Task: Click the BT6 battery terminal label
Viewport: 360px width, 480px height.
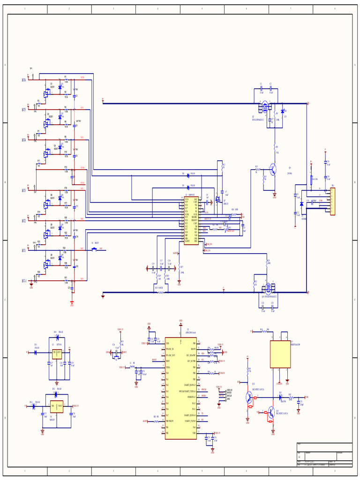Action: click(24, 80)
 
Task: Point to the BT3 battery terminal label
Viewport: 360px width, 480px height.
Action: click(24, 191)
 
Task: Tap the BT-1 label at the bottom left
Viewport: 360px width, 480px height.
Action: click(24, 281)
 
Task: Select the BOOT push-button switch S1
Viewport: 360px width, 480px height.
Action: click(94, 249)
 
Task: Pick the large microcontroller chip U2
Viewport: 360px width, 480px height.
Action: click(180, 388)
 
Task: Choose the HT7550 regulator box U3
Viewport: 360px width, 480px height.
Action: click(57, 354)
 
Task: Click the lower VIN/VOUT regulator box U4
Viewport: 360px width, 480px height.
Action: click(57, 406)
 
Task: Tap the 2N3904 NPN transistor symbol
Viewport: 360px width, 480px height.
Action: click(272, 170)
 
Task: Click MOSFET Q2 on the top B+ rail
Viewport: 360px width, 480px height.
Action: click(265, 107)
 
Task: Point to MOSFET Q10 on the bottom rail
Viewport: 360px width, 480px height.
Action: click(269, 288)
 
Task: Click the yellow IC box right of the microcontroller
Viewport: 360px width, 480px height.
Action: click(280, 354)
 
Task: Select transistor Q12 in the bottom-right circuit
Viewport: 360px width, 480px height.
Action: click(249, 397)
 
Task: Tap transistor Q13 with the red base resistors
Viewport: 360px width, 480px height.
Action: click(270, 412)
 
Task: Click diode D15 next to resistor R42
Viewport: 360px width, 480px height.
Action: click(280, 397)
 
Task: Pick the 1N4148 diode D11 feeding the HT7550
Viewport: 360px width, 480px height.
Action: click(36, 352)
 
